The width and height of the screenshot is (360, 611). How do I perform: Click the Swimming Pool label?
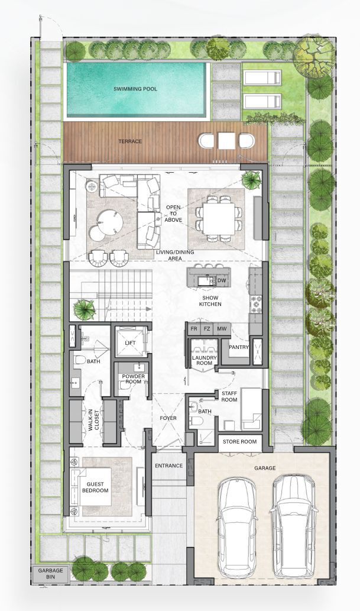(x=135, y=89)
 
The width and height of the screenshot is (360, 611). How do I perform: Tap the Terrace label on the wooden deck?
(x=130, y=141)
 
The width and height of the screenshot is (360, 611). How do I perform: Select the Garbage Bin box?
(x=50, y=574)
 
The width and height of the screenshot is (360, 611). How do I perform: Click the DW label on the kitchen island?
(x=222, y=280)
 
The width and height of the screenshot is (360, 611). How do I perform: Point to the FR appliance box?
(x=194, y=329)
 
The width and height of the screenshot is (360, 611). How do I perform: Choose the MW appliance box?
(x=222, y=329)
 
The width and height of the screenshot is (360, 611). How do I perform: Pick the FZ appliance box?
(x=207, y=329)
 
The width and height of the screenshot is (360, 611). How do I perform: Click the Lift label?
(x=130, y=342)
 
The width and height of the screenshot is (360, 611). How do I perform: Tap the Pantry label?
(x=239, y=347)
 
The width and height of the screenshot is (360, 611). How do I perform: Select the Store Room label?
(x=239, y=441)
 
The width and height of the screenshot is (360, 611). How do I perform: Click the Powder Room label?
(x=134, y=379)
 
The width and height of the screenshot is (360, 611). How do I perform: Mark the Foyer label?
(x=168, y=418)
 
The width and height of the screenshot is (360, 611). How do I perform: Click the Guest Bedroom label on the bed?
(x=95, y=487)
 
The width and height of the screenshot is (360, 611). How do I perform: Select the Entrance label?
(x=168, y=465)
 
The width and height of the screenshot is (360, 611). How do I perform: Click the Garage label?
(x=265, y=468)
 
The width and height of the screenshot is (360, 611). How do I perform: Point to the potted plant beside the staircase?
(x=85, y=309)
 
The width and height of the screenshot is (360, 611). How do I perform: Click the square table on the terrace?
(x=226, y=141)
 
